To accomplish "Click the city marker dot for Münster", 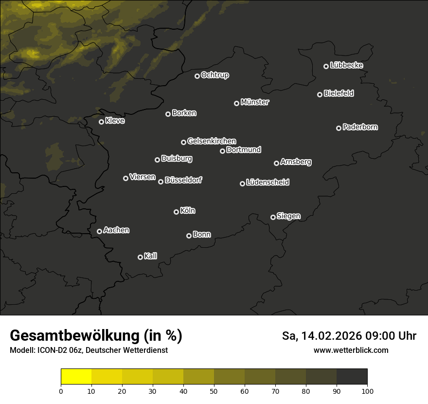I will point(237,103).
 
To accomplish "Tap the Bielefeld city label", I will point(339,93).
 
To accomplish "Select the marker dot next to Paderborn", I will point(339,128).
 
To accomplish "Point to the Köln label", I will point(188,211).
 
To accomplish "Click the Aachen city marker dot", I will point(100,231).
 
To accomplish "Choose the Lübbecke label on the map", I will point(346,65).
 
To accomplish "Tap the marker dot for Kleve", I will point(102,122).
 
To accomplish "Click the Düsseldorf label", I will point(183,180).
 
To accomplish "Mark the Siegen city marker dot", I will point(273,217).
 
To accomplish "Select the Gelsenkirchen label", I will point(212,141).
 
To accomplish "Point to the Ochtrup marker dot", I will point(197,76).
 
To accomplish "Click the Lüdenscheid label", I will point(267,183).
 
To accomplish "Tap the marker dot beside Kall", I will point(141,257).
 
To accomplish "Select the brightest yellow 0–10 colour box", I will point(76,377).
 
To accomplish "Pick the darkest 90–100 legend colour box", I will point(352,377).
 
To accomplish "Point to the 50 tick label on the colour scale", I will point(214,390).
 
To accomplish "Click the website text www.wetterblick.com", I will point(351,350).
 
